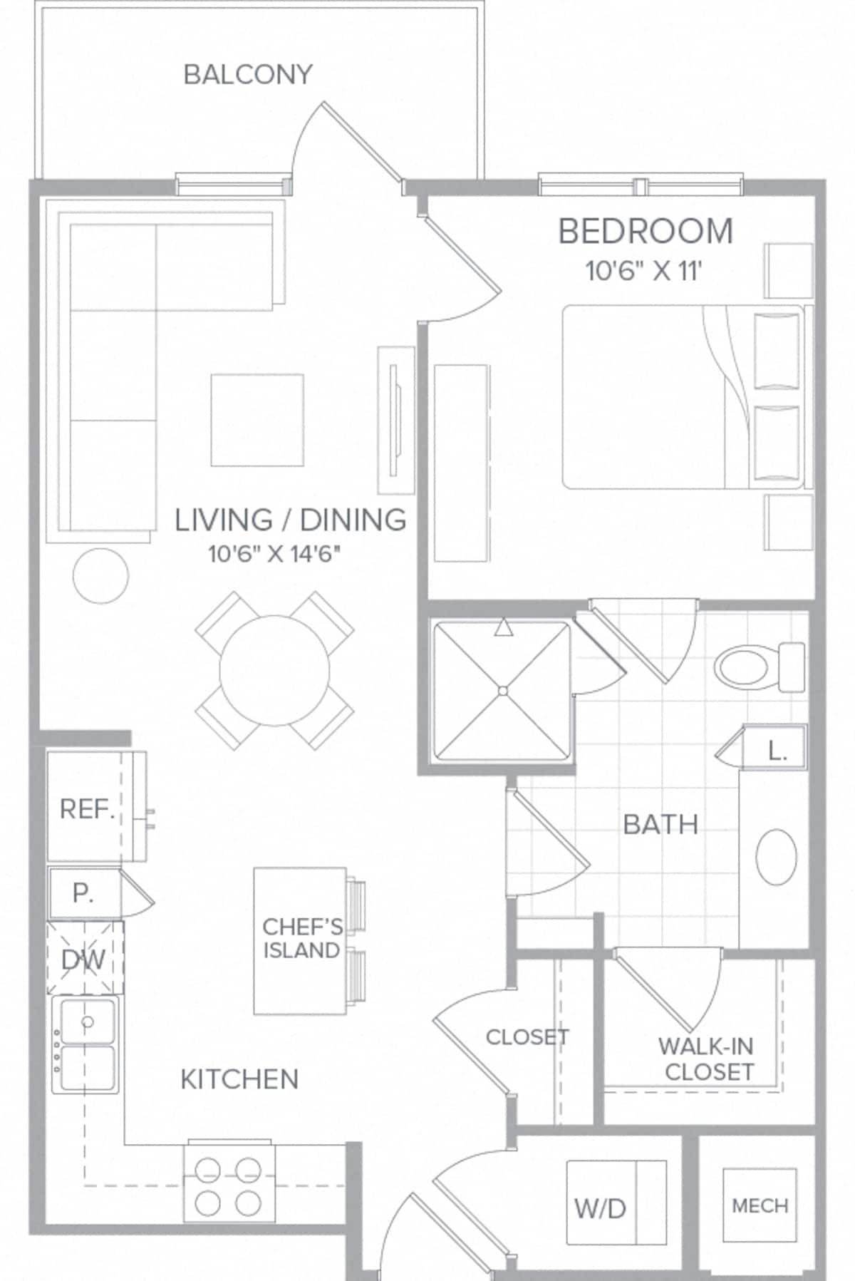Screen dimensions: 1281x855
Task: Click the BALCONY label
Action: pos(248,74)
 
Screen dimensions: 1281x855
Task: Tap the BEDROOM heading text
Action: pos(645,232)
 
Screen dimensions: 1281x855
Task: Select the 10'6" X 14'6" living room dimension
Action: pos(274,554)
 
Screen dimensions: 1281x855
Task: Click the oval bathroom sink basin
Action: pos(776,857)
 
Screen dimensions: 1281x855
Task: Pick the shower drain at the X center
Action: pos(502,690)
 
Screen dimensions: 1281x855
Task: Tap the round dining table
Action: pos(274,670)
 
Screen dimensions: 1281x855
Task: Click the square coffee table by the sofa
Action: pos(256,420)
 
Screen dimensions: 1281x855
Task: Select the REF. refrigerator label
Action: pos(87,809)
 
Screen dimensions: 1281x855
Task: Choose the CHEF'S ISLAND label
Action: pos(301,939)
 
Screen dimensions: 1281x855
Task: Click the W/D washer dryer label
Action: pos(600,1208)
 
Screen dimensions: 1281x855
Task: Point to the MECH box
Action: pos(760,1205)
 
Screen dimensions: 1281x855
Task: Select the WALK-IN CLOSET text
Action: pos(708,1059)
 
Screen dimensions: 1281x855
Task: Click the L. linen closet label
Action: pos(777,751)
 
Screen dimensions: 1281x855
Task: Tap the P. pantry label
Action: pos(83,894)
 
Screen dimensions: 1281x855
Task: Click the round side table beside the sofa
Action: pos(100,575)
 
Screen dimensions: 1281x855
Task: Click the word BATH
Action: pos(660,825)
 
